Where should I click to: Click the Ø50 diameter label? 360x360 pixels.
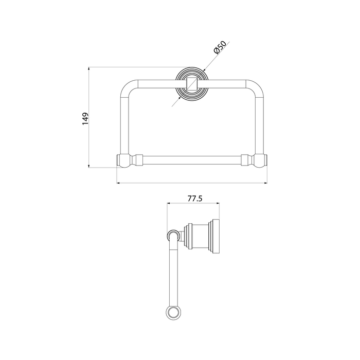coord(220,47)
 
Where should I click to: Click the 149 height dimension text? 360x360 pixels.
coord(85,119)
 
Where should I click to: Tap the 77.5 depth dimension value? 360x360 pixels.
coord(195,198)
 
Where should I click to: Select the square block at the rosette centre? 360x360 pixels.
coord(192,84)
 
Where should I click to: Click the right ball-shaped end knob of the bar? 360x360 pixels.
coord(259,160)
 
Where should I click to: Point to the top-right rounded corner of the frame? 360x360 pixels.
coord(256,87)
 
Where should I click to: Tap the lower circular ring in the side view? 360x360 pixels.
coord(173,313)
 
